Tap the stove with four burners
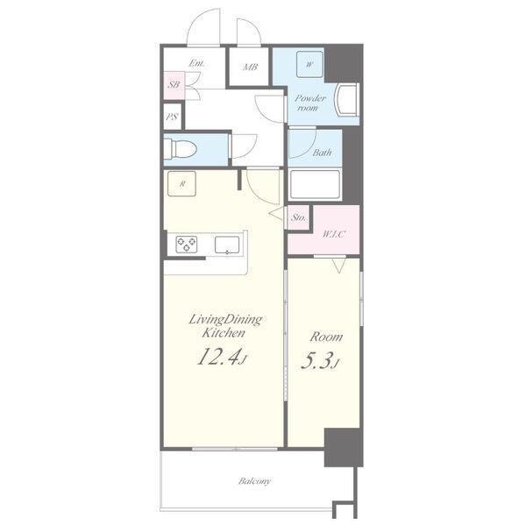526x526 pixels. tap(186, 245)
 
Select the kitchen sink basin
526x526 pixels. tap(227, 245)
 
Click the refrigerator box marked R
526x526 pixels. tap(181, 184)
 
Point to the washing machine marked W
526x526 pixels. tap(309, 64)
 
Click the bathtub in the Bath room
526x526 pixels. tap(315, 185)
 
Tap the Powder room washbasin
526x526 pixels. tap(348, 100)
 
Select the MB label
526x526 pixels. tap(250, 68)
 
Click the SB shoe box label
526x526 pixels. tap(174, 84)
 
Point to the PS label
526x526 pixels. tap(172, 117)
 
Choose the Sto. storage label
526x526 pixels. tap(299, 217)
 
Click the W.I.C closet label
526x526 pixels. tap(334, 234)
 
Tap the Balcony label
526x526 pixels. tap(254, 481)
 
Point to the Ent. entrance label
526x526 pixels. tap(197, 63)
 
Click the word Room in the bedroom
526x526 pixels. tap(326, 337)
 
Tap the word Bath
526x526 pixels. tap(323, 153)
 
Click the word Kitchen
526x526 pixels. tap(224, 333)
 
